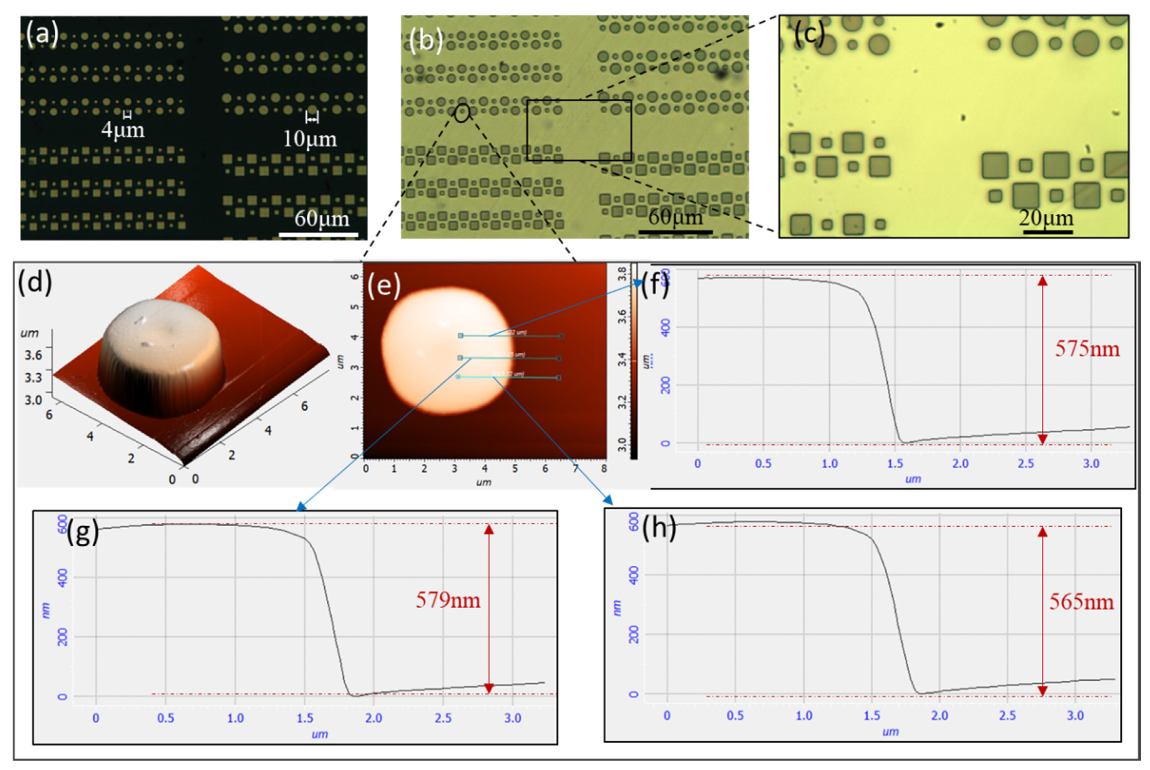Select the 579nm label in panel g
tap(448, 600)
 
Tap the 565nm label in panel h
tap(1081, 602)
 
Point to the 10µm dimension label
tap(310, 139)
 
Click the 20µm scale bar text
tap(1045, 218)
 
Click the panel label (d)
tap(34, 283)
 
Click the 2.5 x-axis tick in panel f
tap(1026, 463)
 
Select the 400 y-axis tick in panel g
tap(62, 578)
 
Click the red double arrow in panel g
tap(488, 609)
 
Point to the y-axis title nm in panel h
tap(617, 608)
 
